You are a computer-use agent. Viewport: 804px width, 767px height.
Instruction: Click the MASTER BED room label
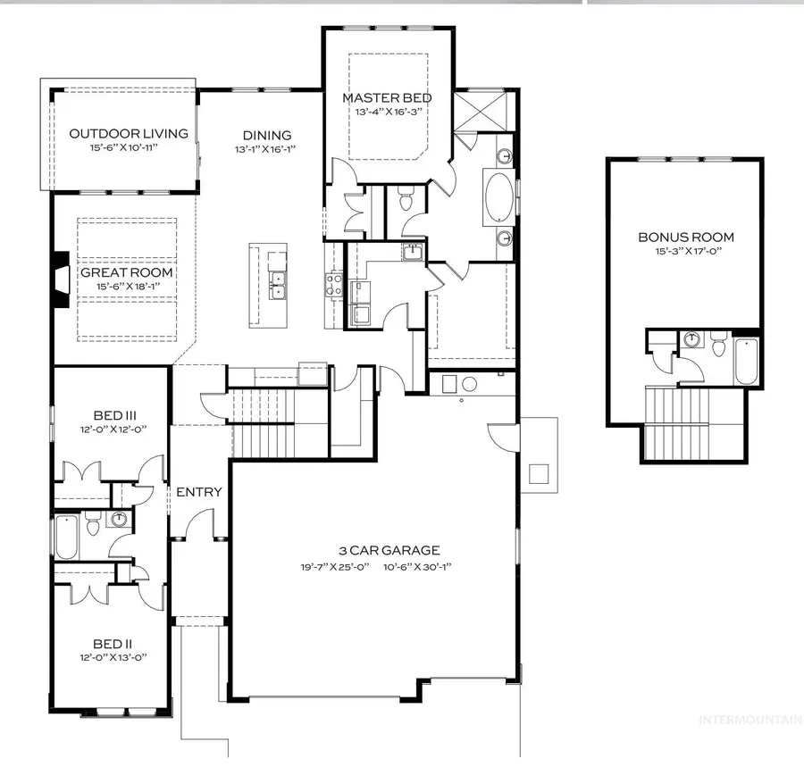click(x=388, y=97)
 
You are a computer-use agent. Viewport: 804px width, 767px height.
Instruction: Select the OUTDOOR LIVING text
click(x=129, y=134)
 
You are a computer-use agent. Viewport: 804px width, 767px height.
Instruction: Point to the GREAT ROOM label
click(x=127, y=272)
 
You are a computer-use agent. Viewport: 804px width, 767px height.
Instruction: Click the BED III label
click(x=115, y=415)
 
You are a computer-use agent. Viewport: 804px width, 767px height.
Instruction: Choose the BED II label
click(x=113, y=642)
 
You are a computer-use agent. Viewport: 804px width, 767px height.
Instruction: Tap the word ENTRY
click(x=198, y=492)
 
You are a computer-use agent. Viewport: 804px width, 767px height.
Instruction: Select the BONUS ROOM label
click(x=686, y=237)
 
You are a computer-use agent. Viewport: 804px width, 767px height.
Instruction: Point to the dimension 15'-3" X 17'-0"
click(x=686, y=252)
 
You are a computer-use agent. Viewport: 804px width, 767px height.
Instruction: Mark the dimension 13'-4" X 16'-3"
click(x=388, y=113)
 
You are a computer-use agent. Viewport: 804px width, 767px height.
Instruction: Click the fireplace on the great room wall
click(x=60, y=280)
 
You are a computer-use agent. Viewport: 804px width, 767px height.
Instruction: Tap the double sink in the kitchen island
click(x=278, y=284)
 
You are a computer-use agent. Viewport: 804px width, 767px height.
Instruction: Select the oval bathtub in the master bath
click(x=499, y=196)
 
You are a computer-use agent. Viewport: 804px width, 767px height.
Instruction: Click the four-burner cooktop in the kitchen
click(x=335, y=284)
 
